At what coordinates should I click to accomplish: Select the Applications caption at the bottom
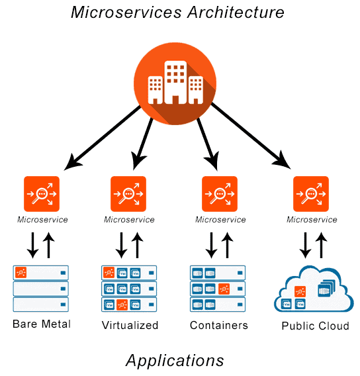click(x=175, y=360)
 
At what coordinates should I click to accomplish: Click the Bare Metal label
click(x=41, y=324)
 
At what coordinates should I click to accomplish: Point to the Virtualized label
click(x=130, y=325)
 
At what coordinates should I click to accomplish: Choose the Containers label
click(x=218, y=325)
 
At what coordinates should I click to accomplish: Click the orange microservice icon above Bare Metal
click(x=42, y=194)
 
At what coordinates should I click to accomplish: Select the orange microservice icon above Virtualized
click(x=129, y=194)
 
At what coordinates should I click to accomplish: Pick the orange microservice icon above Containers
click(x=219, y=194)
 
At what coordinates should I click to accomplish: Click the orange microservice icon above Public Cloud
click(x=311, y=194)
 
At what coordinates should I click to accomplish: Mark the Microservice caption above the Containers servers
click(x=219, y=220)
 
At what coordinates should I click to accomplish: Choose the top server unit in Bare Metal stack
click(x=40, y=272)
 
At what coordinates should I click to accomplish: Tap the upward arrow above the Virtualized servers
click(x=138, y=244)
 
